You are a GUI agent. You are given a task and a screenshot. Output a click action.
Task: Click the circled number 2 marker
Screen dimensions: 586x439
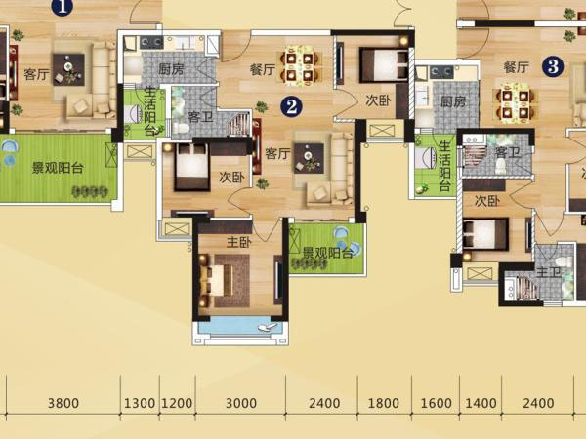click(291, 106)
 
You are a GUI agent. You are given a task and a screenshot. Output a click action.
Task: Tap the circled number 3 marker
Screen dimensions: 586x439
click(553, 66)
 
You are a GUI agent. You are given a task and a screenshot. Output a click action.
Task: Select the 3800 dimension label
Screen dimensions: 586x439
click(63, 403)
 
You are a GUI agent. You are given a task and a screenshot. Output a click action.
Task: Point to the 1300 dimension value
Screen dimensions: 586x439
click(140, 403)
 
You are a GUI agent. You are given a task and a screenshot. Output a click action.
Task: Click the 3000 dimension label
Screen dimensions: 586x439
click(241, 403)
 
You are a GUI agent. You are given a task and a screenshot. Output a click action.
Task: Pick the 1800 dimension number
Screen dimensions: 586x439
click(384, 403)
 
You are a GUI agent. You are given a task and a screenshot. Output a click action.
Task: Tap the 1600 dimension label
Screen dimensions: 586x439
click(437, 403)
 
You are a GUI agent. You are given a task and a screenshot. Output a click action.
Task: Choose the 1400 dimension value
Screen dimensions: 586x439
click(481, 403)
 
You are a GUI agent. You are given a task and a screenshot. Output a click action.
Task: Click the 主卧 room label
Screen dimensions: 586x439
click(239, 242)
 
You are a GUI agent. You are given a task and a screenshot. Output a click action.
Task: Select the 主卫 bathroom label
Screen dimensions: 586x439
click(548, 272)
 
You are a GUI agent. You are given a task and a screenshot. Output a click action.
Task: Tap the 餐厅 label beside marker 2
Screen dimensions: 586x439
click(263, 70)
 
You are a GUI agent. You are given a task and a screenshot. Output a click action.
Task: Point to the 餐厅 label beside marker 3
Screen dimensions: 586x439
click(516, 67)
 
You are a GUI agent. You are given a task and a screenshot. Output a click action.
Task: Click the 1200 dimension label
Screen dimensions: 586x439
click(177, 403)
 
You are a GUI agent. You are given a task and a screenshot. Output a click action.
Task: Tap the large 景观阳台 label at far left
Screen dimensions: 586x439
click(58, 168)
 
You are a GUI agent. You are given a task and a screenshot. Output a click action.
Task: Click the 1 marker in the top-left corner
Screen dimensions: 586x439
click(62, 7)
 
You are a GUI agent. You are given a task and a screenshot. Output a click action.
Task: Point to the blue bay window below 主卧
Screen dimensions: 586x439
click(239, 326)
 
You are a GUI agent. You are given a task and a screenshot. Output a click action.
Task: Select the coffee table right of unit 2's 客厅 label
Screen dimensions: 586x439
click(309, 158)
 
